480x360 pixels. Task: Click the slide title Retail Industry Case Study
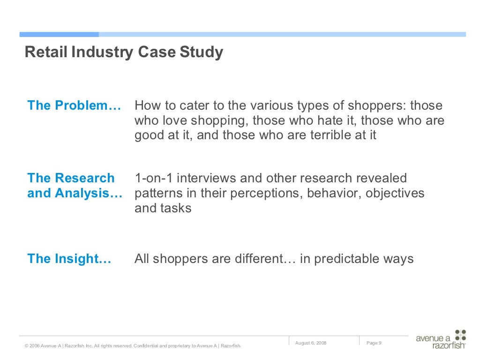pos(124,52)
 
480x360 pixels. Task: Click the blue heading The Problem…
pos(74,105)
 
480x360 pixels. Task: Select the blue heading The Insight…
pos(69,259)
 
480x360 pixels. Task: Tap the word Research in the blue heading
pos(84,178)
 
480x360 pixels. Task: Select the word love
pos(175,120)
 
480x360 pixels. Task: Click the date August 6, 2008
pos(311,343)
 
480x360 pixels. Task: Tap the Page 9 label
pos(374,343)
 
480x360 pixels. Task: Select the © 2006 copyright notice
pos(133,346)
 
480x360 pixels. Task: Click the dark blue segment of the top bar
pos(59,34)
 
